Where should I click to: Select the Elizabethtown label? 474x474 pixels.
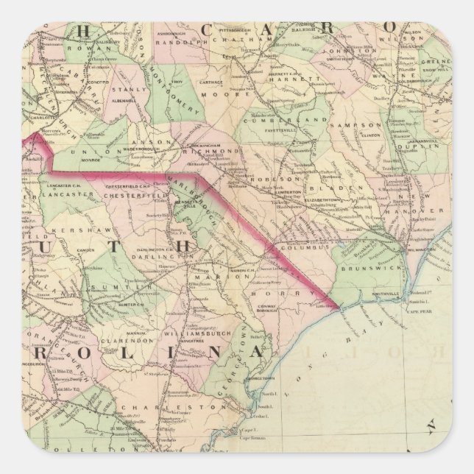330,199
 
